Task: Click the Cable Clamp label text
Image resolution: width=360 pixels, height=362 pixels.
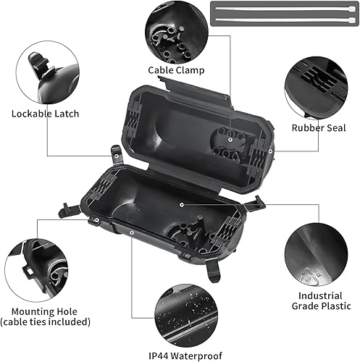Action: [175, 70]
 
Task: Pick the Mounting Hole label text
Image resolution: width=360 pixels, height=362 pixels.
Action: [46, 311]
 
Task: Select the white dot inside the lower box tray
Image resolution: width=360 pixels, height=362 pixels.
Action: [180, 205]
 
